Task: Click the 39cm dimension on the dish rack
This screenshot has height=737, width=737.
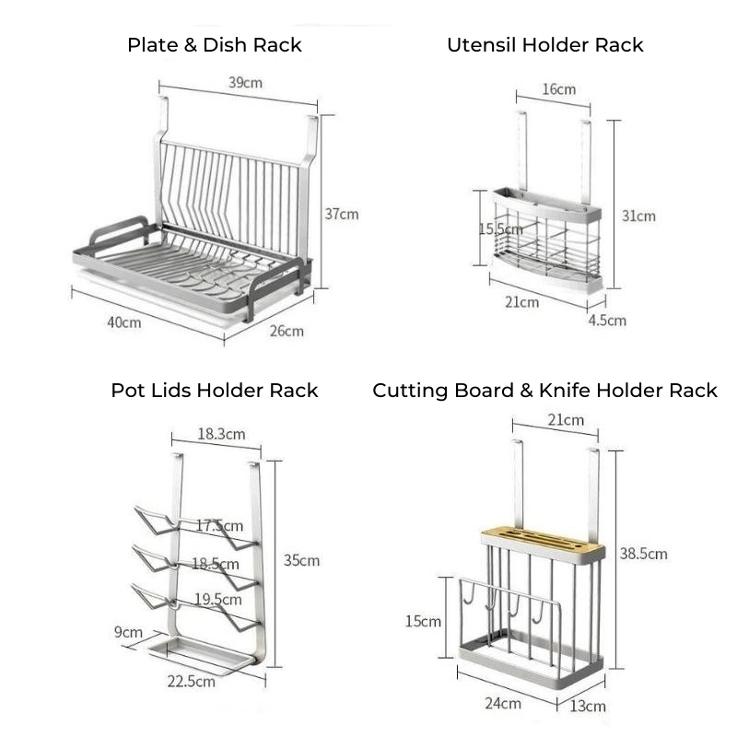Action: click(x=245, y=83)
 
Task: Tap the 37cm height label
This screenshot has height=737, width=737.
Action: click(x=342, y=214)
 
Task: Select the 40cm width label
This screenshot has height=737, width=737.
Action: click(x=124, y=323)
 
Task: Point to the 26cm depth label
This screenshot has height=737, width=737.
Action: click(x=286, y=331)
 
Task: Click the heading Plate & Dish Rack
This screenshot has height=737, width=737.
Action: click(x=215, y=45)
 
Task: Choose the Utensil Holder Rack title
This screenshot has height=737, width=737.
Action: click(x=544, y=45)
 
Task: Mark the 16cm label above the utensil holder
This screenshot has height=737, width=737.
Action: click(x=558, y=89)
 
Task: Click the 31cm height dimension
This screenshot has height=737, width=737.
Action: click(x=638, y=216)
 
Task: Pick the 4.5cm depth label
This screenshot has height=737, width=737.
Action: click(x=608, y=321)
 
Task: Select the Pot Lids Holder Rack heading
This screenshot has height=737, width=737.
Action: click(x=215, y=391)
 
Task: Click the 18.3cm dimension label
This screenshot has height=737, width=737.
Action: click(x=221, y=434)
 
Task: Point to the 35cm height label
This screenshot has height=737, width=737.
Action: click(x=301, y=560)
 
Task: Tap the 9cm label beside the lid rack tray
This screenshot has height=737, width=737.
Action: click(x=129, y=632)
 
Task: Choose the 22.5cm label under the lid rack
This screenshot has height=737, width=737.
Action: click(x=193, y=682)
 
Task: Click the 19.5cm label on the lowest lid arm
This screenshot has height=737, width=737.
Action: click(x=218, y=600)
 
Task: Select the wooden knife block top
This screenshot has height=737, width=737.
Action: click(x=543, y=544)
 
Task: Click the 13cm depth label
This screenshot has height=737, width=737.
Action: click(x=589, y=706)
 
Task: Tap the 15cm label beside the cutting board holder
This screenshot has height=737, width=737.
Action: click(x=423, y=621)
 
